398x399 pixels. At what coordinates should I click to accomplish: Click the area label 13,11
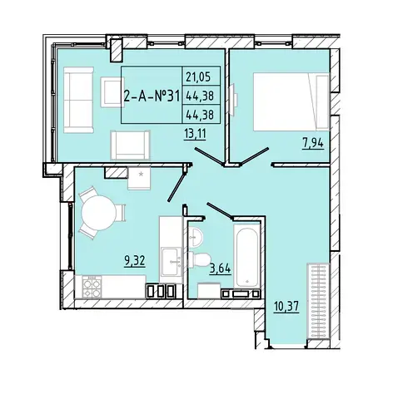point(195,135)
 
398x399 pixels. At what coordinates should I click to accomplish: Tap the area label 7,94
point(313,144)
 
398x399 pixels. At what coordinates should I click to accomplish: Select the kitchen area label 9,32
point(135,261)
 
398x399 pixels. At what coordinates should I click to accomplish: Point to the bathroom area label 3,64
point(220,268)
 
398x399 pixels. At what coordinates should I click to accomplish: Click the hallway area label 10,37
point(286,307)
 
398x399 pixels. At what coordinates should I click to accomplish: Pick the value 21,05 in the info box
point(198,76)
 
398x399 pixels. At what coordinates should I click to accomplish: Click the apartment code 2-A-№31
point(152,96)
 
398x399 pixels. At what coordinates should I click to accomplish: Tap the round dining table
point(99,213)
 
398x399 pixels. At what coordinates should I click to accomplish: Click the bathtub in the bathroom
point(246,256)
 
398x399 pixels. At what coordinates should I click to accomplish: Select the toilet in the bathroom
point(199,259)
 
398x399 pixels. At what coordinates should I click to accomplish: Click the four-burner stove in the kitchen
point(92,288)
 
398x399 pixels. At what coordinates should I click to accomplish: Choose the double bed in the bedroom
point(291,101)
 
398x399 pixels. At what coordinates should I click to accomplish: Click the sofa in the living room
point(78,100)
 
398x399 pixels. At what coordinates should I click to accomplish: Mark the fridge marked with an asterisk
point(139,178)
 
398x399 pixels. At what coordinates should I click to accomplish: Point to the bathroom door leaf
point(219,210)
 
